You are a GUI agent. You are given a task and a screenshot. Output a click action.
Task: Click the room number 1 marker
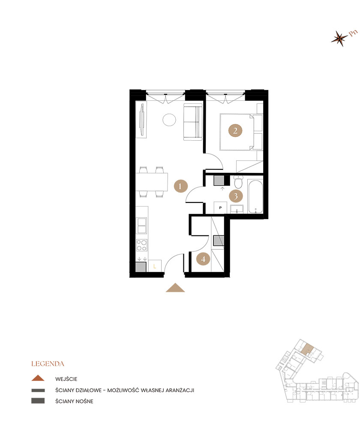pyautogui.click(x=180, y=186)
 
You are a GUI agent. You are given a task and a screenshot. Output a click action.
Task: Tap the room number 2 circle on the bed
pyautogui.click(x=235, y=130)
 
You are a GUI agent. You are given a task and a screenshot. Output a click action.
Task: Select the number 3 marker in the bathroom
pyautogui.click(x=236, y=196)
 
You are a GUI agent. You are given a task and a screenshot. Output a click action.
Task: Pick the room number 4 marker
pyautogui.click(x=203, y=259)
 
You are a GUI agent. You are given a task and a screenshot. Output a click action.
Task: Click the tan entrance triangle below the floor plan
pyautogui.click(x=175, y=288)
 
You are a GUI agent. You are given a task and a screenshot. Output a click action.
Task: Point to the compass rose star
pyautogui.click(x=339, y=38)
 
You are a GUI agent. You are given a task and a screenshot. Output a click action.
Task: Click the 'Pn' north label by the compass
pyautogui.click(x=353, y=33)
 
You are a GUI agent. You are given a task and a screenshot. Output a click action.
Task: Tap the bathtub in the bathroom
pyautogui.click(x=255, y=196)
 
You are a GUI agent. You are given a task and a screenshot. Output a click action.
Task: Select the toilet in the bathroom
pyautogui.click(x=238, y=182)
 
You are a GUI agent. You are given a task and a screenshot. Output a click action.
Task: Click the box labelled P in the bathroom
pyautogui.click(x=220, y=208)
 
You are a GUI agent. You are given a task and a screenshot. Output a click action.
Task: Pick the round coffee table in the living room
pyautogui.click(x=169, y=120)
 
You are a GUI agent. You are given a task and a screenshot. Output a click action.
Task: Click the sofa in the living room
pyautogui.click(x=193, y=122)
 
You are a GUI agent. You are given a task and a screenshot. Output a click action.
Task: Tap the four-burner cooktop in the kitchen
pyautogui.click(x=141, y=245)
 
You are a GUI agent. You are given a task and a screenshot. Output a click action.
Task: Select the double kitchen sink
pyautogui.click(x=141, y=226)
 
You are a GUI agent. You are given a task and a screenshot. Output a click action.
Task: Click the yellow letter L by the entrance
pyautogui.click(x=155, y=266)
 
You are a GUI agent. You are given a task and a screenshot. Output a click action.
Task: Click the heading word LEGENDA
pyautogui.click(x=48, y=364)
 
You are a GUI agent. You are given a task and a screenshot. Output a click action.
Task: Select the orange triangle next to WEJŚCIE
pyautogui.click(x=38, y=378)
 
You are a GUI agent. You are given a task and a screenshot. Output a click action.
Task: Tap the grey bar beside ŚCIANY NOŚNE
pyautogui.click(x=38, y=401)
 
